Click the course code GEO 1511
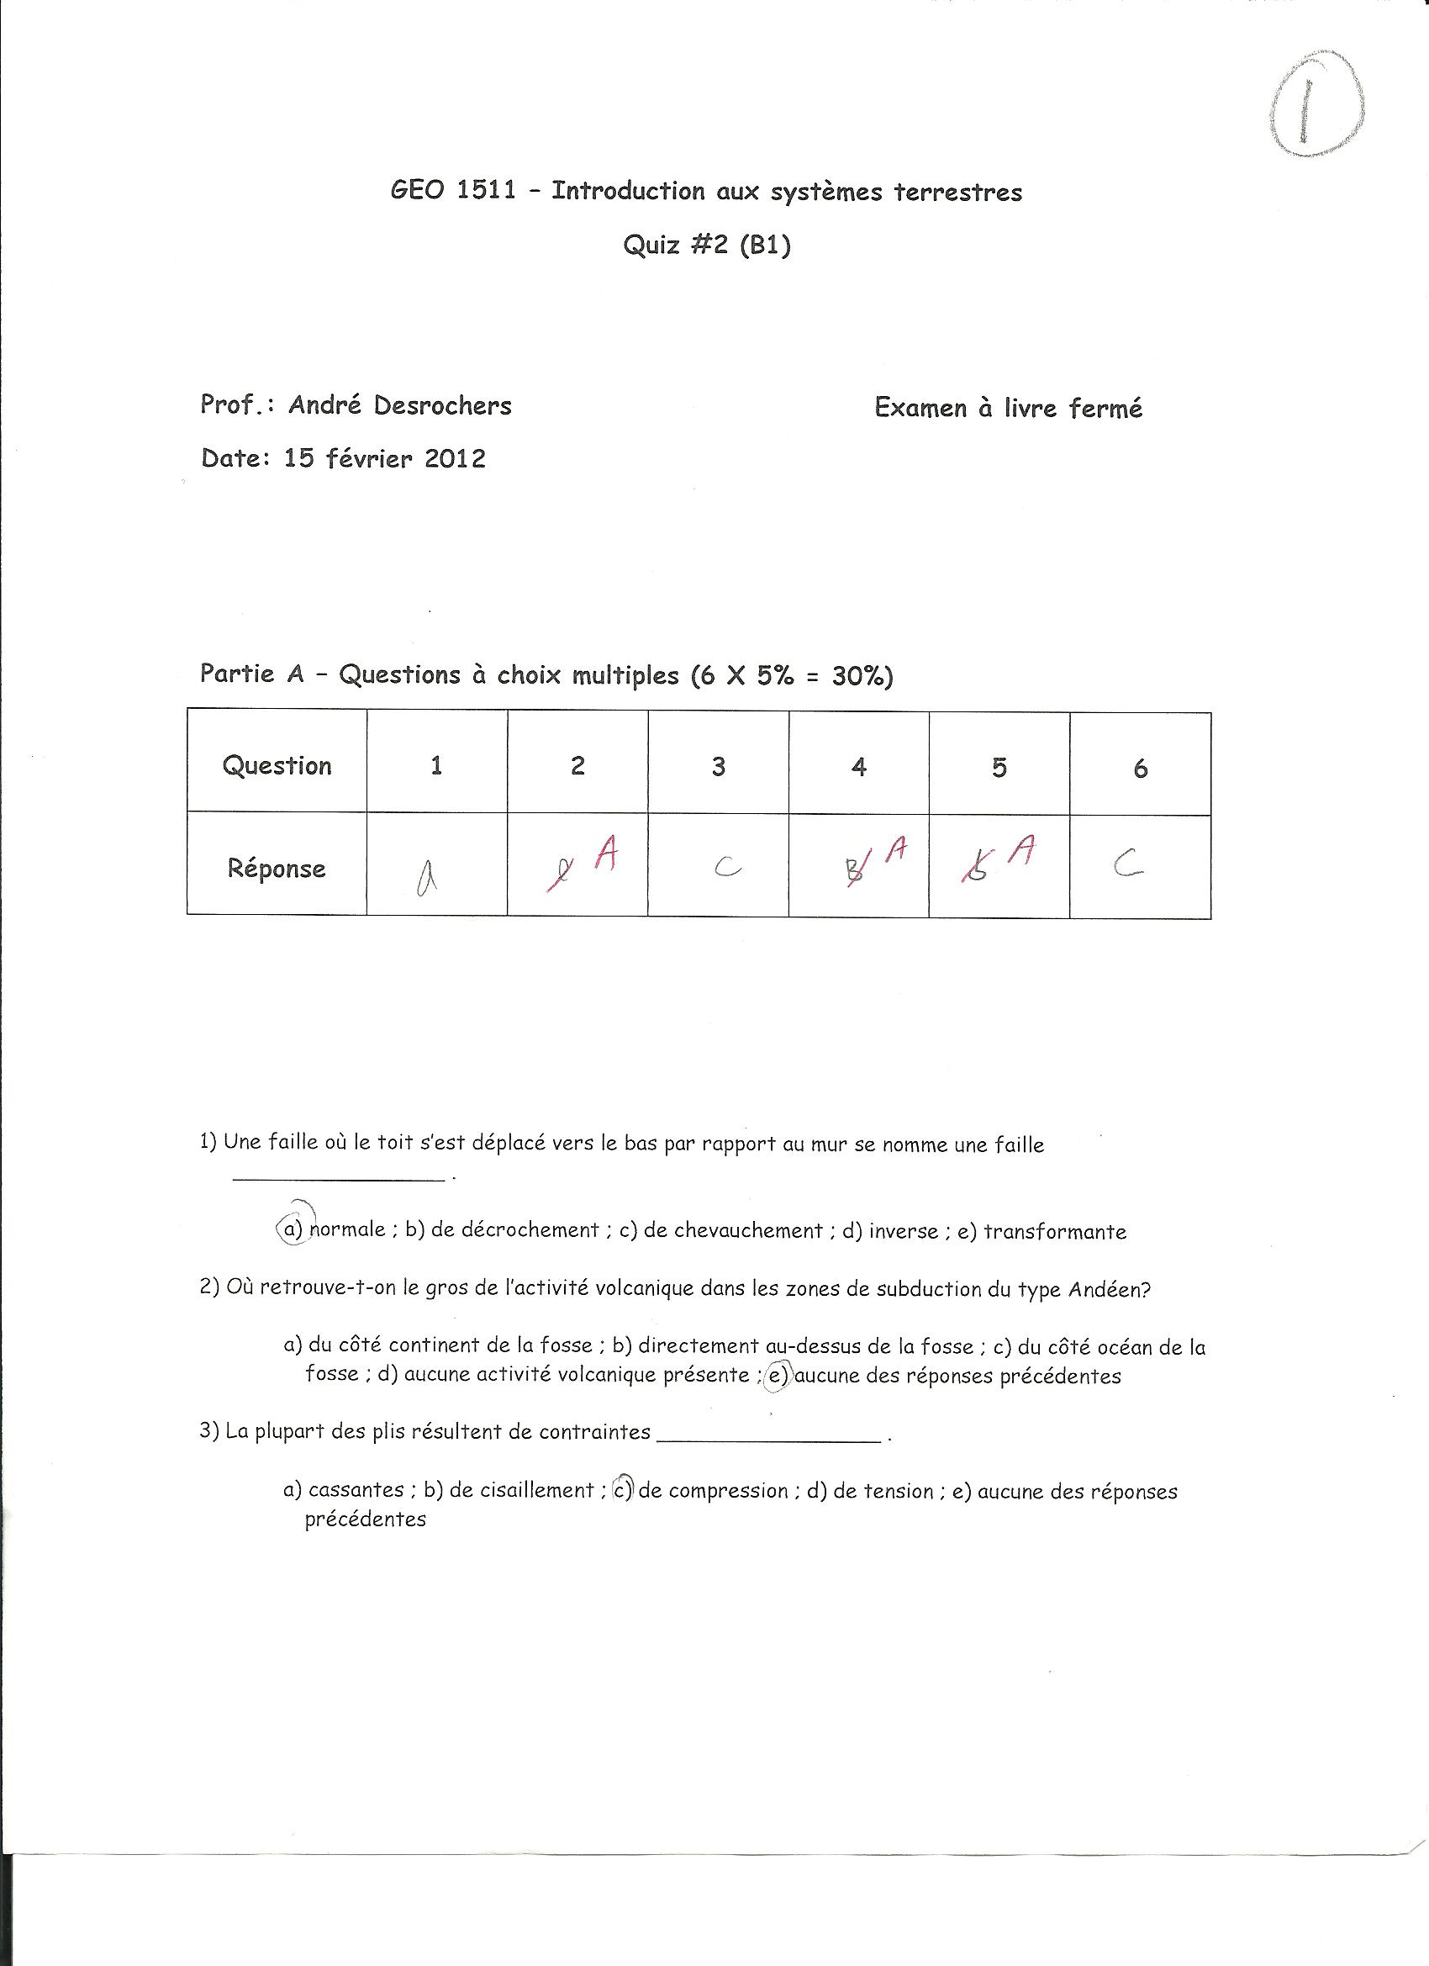[x=452, y=190]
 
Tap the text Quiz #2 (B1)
[x=706, y=246]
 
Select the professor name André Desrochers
[x=399, y=404]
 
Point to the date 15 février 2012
[x=384, y=458]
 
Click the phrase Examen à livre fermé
[x=1008, y=408]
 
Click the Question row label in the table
[x=277, y=765]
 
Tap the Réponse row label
[x=277, y=868]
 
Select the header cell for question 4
[x=858, y=766]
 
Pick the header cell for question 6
[x=1140, y=768]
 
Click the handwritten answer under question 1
[x=425, y=880]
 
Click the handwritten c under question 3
[x=726, y=867]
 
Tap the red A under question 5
[x=1025, y=849]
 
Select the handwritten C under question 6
[x=1126, y=863]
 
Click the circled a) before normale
[x=292, y=1229]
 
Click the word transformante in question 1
[x=1055, y=1232]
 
